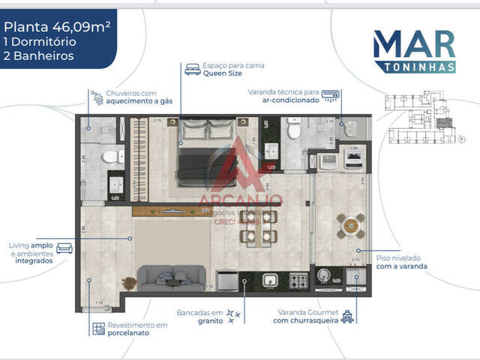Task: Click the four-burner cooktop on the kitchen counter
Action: coord(298,281)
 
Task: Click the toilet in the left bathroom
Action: coord(111,157)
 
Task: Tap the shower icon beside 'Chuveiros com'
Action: coord(96,97)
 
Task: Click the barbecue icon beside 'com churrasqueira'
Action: coord(346,317)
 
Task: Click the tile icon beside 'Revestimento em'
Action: coord(98,328)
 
